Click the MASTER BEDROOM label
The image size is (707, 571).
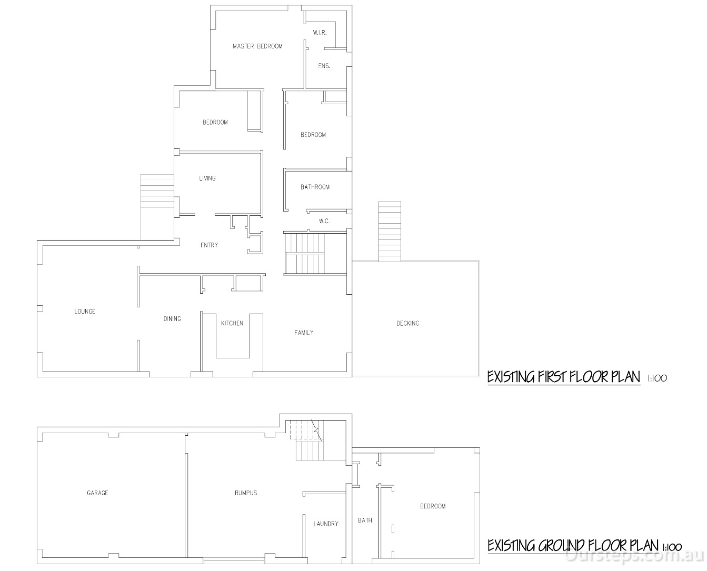click(x=257, y=46)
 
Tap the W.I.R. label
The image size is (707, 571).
click(x=320, y=33)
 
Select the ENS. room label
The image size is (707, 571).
click(x=324, y=66)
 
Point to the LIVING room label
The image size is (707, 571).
click(x=207, y=178)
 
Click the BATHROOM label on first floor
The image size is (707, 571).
click(x=315, y=187)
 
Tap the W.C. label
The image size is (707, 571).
click(x=324, y=221)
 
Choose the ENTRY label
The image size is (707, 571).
click(x=209, y=245)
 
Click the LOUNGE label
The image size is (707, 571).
click(x=85, y=311)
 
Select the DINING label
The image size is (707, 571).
click(x=172, y=319)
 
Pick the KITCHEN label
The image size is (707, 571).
click(x=232, y=323)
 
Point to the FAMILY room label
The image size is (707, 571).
click(x=304, y=333)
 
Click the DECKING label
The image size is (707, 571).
click(x=407, y=323)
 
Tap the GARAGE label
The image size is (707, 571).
click(x=97, y=493)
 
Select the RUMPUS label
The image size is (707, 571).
click(x=246, y=493)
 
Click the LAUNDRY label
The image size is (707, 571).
click(x=326, y=524)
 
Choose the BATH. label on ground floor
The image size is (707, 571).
click(x=366, y=520)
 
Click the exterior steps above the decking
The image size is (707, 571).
click(x=390, y=231)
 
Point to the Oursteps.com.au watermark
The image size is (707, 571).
click(x=633, y=556)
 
